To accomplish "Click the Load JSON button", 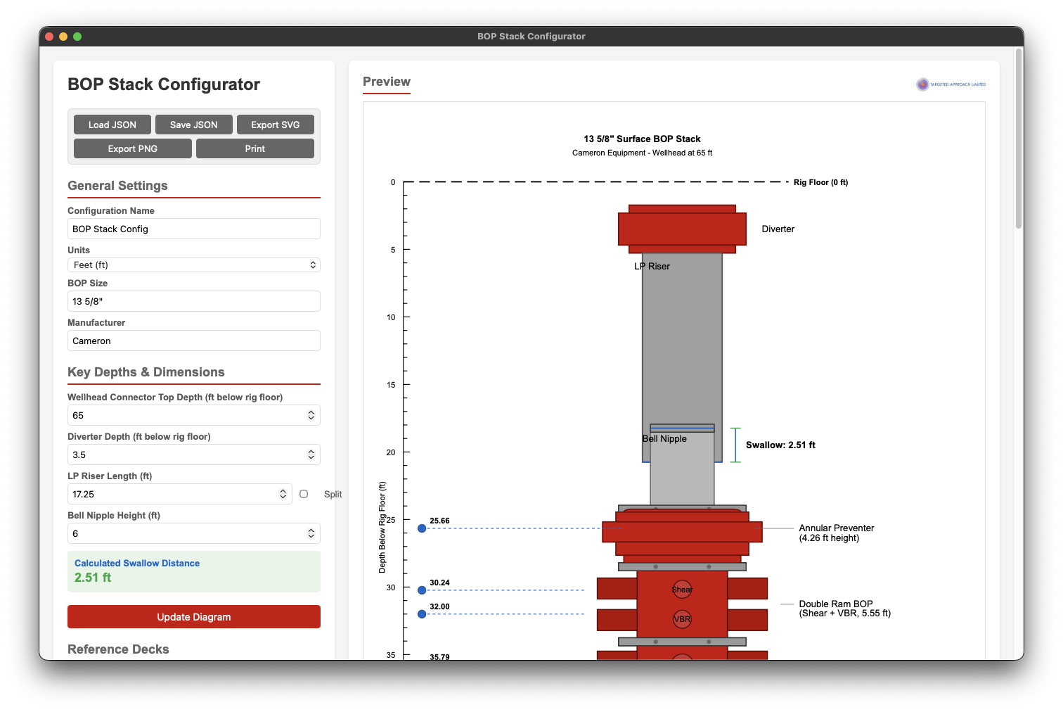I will click(x=112, y=125).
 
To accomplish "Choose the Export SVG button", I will click(x=275, y=125).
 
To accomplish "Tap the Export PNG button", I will click(x=132, y=148).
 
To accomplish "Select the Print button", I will click(x=255, y=148).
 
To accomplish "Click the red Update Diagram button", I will click(x=194, y=617).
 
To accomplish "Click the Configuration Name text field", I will click(x=194, y=229).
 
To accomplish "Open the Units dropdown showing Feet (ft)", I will click(x=194, y=265).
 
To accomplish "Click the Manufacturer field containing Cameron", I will click(x=194, y=341).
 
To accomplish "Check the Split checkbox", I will click(x=304, y=494).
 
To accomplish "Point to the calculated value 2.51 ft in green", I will click(x=93, y=578).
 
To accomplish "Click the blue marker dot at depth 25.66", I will click(x=422, y=528).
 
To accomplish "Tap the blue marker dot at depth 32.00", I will click(x=422, y=614).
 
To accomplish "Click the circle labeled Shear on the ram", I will click(x=682, y=590).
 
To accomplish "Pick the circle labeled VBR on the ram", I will click(x=682, y=619).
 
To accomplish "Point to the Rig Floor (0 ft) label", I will click(x=820, y=182).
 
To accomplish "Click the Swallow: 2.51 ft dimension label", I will click(x=780, y=445).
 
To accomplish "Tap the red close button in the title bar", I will click(x=49, y=37).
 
